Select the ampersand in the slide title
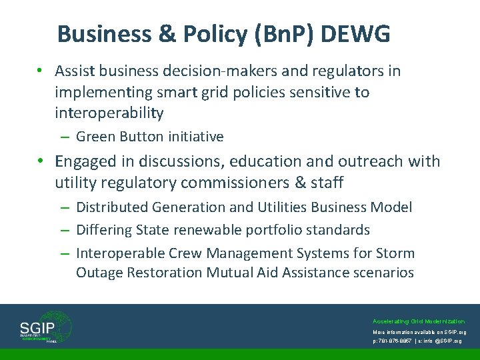click(160, 34)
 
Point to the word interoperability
click(109, 113)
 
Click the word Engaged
click(85, 161)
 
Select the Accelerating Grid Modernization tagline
click(419, 321)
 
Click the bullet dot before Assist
click(41, 71)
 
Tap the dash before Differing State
click(65, 230)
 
